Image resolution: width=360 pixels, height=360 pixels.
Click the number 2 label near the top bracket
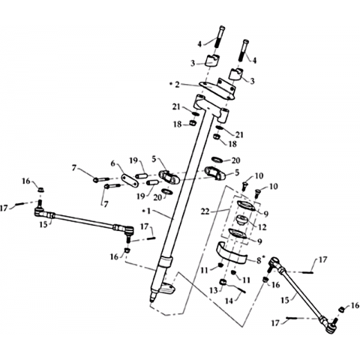pos(177,85)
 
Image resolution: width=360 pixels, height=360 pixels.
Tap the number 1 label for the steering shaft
pos(148,211)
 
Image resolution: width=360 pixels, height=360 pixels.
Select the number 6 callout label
pos(112,163)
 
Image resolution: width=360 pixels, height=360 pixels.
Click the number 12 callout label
pos(262,227)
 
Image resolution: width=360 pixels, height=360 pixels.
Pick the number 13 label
pos(214,290)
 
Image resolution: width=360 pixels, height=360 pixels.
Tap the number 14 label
pos(229,301)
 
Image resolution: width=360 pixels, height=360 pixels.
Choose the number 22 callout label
pos(205,211)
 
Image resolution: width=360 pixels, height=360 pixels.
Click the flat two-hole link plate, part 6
pos(130,180)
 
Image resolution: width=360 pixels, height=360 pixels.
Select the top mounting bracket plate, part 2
pos(217,88)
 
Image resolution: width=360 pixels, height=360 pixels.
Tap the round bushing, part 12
pos(242,220)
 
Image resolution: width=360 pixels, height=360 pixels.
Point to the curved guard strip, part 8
pos(231,252)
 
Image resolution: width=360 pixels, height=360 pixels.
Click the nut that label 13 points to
pos(223,282)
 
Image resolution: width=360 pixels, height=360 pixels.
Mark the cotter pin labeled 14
pos(238,288)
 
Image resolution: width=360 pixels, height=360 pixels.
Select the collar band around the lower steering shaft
pos(165,262)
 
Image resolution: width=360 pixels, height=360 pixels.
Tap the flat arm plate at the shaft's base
pos(166,289)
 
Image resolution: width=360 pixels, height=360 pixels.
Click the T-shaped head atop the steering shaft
pos(211,108)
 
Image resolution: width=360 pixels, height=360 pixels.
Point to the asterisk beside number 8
pos(262,257)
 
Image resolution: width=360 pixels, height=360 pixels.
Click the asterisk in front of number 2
pos(171,83)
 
